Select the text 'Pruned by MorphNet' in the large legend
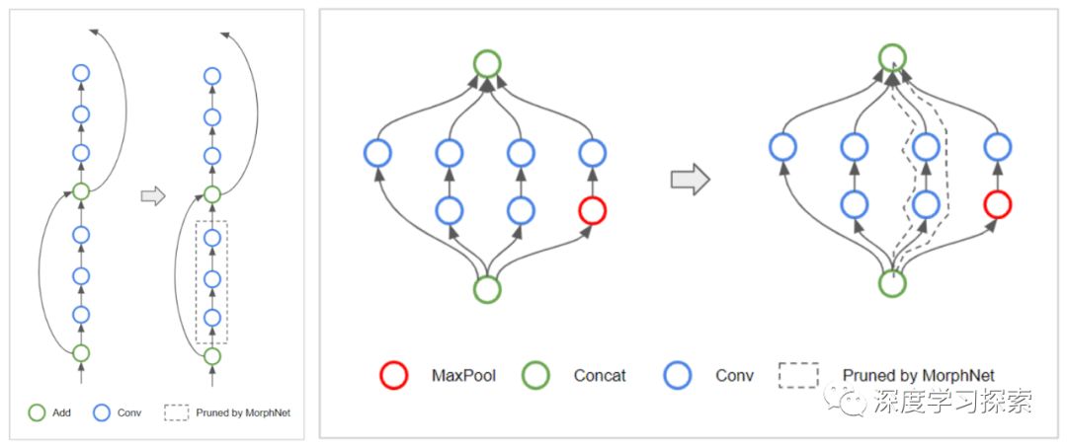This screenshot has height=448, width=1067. click(x=918, y=376)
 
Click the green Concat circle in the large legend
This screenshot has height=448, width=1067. click(x=535, y=375)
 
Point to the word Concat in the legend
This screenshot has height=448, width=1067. click(x=600, y=376)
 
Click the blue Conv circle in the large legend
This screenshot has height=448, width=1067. click(x=679, y=375)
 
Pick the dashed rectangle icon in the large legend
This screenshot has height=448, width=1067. click(x=798, y=375)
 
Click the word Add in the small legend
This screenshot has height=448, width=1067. click(x=58, y=412)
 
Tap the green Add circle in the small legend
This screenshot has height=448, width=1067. click(x=37, y=412)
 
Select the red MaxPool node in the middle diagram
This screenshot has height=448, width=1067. click(x=592, y=209)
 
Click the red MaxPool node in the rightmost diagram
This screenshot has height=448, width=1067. click(x=998, y=203)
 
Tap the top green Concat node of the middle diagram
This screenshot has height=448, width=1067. click(x=486, y=64)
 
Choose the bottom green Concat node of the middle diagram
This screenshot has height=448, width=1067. click(x=486, y=289)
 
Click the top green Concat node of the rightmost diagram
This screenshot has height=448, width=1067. click(x=892, y=57)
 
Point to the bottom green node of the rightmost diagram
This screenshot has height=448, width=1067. click(x=892, y=283)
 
